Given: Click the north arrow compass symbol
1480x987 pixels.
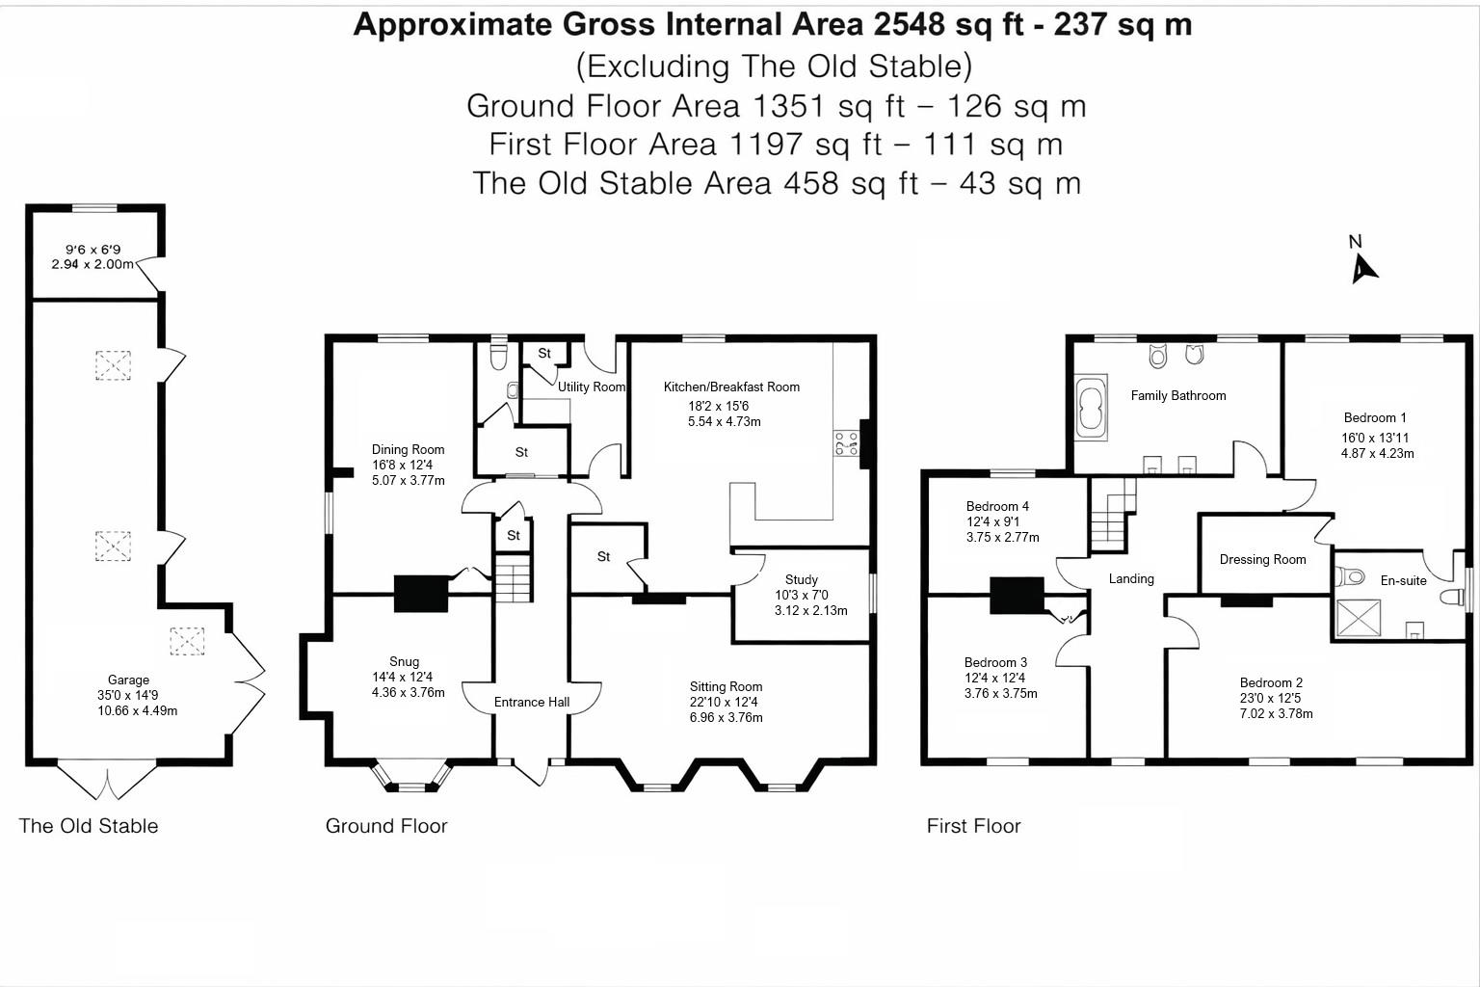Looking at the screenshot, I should point(1361,266).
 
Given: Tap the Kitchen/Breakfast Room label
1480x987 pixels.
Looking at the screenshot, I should point(731,387).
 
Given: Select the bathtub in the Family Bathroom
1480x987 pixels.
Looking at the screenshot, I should point(1092,410).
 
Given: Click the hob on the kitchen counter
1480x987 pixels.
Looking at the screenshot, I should point(846,444).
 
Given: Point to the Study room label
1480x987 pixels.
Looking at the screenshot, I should point(801,579).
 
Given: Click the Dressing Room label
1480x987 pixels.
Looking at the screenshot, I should point(1262,559).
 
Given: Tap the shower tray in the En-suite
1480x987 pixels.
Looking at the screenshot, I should point(1359,618).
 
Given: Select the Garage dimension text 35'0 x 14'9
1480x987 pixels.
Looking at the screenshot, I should point(127,696).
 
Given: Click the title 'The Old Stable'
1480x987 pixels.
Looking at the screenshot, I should point(88,826).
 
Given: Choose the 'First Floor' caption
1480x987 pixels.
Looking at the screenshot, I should point(973,826).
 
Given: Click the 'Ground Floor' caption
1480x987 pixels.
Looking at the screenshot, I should point(386,826).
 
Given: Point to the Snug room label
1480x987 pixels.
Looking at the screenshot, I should point(404,661).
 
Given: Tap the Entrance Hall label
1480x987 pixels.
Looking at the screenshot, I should point(532,703).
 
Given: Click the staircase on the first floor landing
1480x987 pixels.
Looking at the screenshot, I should point(1112,515).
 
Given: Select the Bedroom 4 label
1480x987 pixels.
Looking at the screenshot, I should point(997,506).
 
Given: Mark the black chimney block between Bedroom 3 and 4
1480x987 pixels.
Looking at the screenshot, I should point(1017,595).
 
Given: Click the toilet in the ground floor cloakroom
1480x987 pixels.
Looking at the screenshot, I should point(498,358).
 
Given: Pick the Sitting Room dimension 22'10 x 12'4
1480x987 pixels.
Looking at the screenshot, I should point(726,703).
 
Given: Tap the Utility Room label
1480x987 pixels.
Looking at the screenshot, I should point(592,387).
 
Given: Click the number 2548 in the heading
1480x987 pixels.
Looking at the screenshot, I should point(910,24).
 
